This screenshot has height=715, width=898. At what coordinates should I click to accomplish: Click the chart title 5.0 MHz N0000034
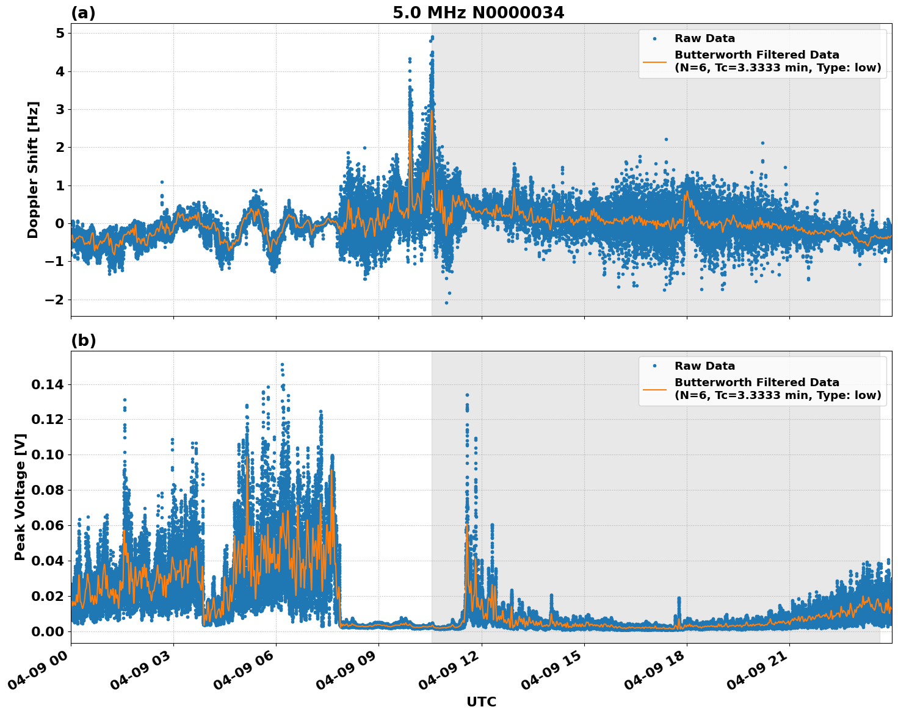tap(478, 13)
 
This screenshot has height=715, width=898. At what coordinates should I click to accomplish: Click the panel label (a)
tap(83, 13)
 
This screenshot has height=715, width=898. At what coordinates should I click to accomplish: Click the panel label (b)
tap(83, 340)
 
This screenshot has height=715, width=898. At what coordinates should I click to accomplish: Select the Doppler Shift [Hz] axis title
tap(33, 170)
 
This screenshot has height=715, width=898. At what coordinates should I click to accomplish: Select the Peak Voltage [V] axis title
tap(20, 497)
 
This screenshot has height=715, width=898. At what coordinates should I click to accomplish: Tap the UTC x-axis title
tap(481, 702)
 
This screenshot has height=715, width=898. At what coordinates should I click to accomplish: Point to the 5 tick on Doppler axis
tap(60, 34)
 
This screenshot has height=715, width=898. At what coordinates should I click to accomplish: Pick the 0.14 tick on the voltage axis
tap(48, 384)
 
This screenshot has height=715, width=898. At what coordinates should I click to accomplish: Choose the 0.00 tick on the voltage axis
tap(48, 631)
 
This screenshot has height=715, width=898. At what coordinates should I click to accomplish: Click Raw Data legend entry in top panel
tap(704, 38)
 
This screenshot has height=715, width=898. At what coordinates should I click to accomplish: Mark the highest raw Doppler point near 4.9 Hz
tap(432, 37)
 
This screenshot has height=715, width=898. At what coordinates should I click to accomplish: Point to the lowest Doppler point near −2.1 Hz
tap(446, 303)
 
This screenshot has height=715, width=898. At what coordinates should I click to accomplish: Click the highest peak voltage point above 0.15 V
tap(282, 365)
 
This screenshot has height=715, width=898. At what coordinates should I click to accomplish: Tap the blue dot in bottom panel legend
tap(654, 366)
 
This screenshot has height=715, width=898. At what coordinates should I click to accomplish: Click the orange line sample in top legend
tap(654, 61)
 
